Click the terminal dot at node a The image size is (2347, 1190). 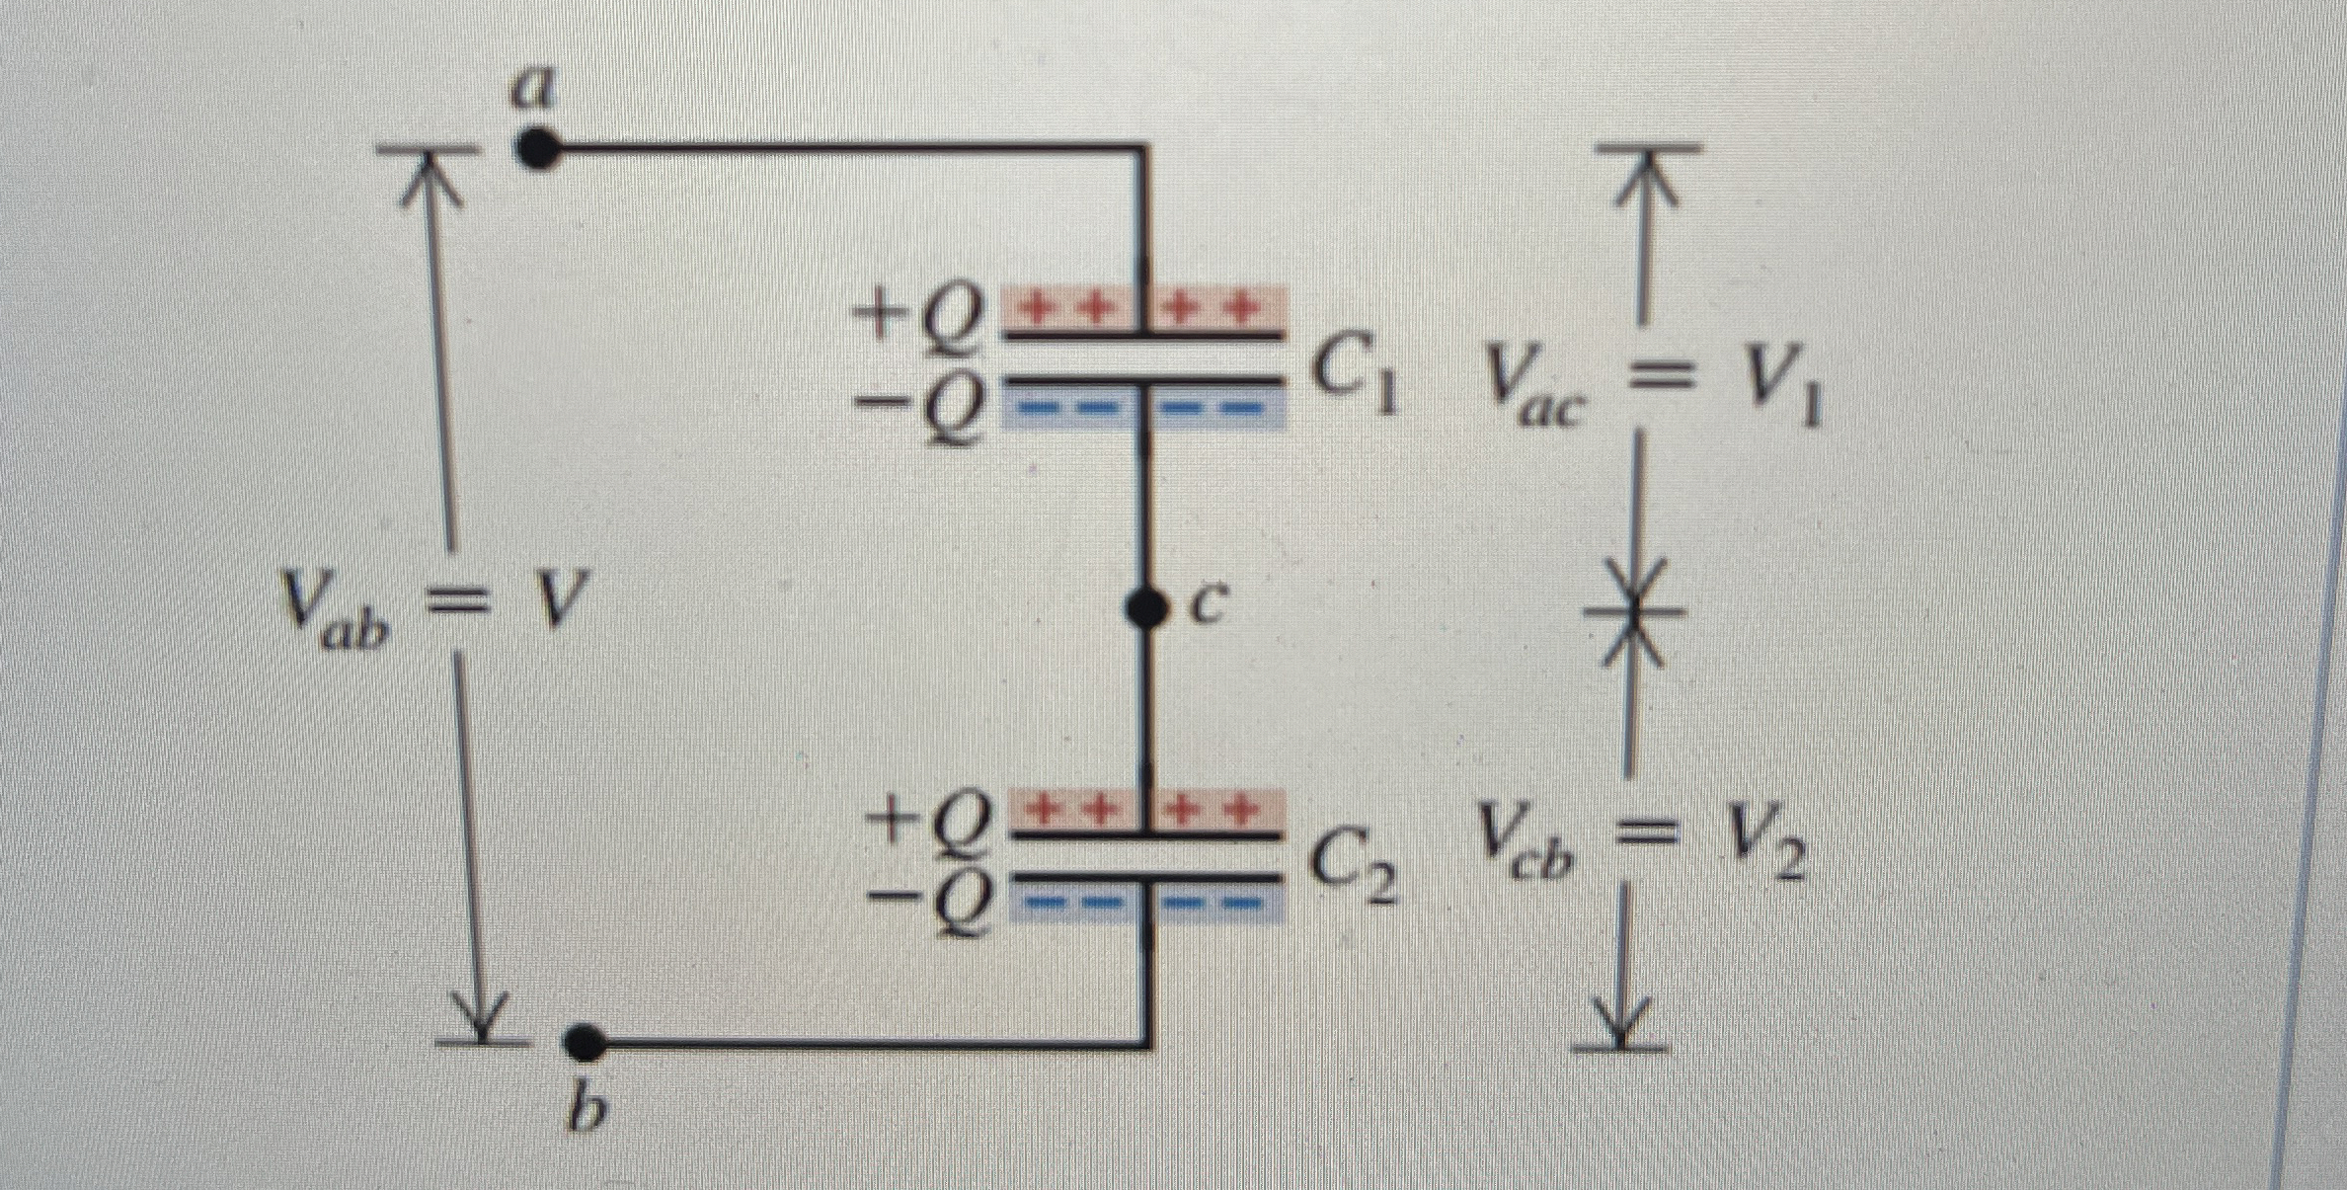[537, 151]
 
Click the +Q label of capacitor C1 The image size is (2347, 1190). [919, 317]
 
